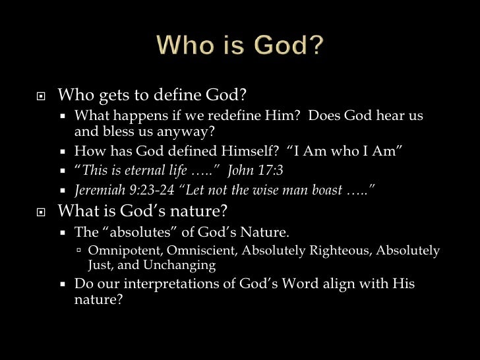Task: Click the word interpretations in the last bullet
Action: pos(175,284)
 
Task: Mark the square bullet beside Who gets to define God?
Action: pos(40,96)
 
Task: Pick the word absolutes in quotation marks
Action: pos(138,232)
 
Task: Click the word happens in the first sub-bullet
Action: pos(132,116)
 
